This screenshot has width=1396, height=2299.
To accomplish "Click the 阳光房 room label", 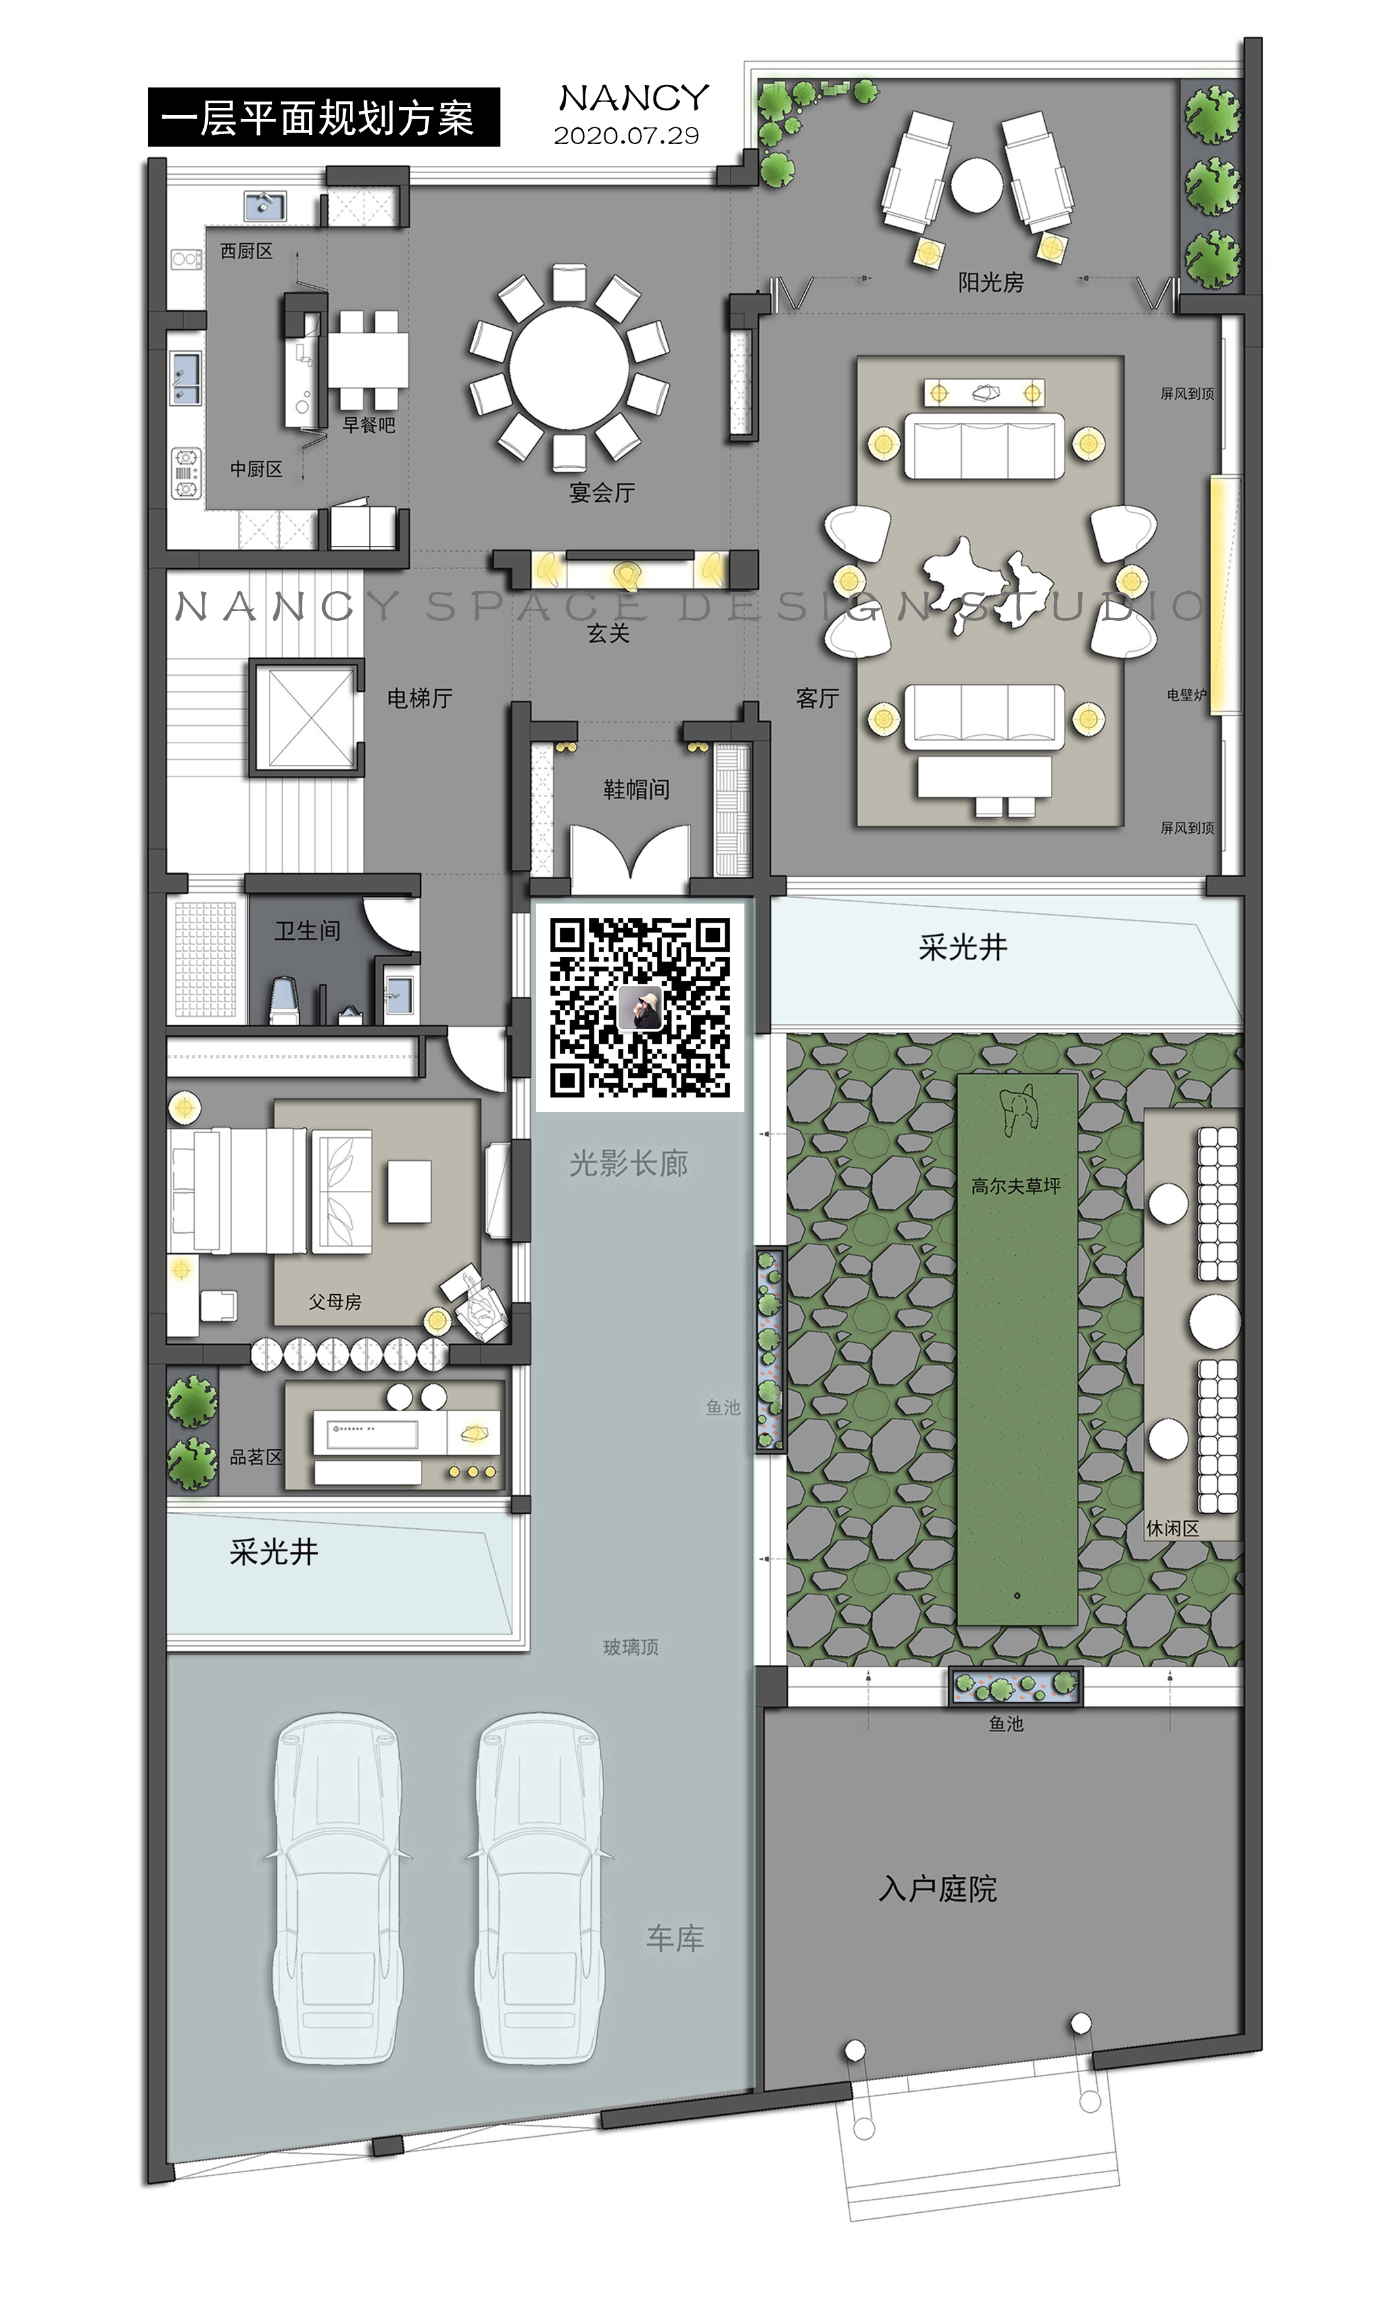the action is click(990, 281).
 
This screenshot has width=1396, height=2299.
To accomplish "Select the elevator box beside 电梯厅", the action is click(306, 717).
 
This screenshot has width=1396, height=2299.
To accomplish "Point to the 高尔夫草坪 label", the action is click(1015, 1186).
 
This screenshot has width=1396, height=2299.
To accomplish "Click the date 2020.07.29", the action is click(626, 136).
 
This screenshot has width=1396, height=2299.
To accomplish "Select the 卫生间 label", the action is click(307, 931).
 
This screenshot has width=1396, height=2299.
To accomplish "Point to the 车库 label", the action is click(675, 1938).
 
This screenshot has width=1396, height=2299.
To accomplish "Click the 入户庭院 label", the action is click(938, 1889).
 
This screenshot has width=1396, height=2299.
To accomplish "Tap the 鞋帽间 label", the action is click(635, 789).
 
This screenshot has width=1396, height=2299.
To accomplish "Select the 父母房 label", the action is click(335, 1301).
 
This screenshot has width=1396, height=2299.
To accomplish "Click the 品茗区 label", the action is click(256, 1457).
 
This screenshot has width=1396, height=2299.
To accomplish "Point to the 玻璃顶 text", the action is click(631, 1647).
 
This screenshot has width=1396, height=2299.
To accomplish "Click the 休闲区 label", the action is click(1172, 1528).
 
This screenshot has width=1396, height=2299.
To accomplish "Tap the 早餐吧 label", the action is click(369, 425).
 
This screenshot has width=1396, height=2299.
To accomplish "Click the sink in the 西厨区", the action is click(265, 205).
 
